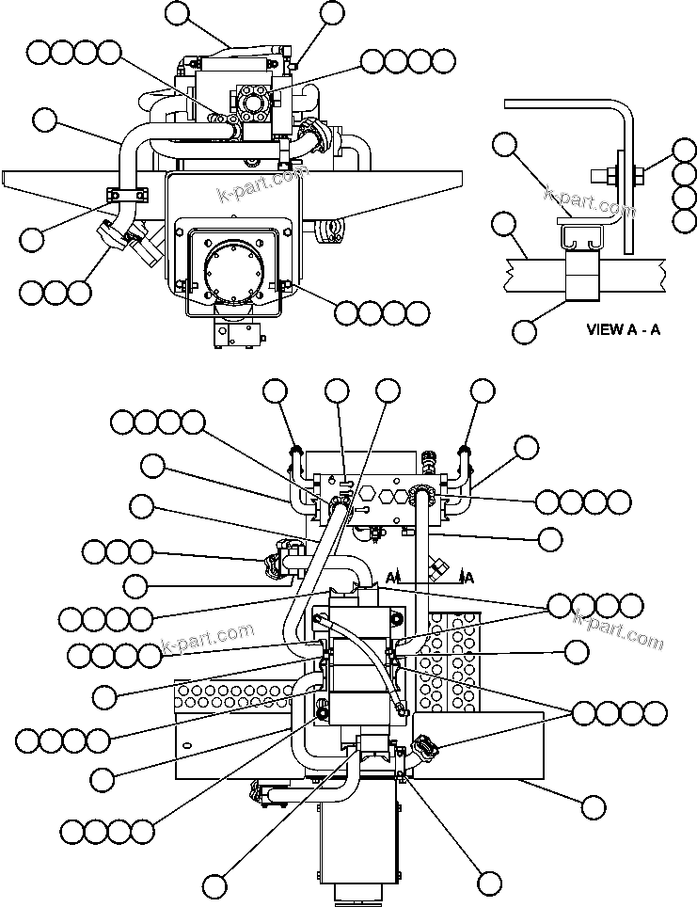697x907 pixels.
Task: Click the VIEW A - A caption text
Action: tap(623, 329)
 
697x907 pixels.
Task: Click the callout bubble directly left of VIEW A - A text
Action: tap(525, 330)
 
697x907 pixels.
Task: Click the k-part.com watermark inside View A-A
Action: tap(591, 202)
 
